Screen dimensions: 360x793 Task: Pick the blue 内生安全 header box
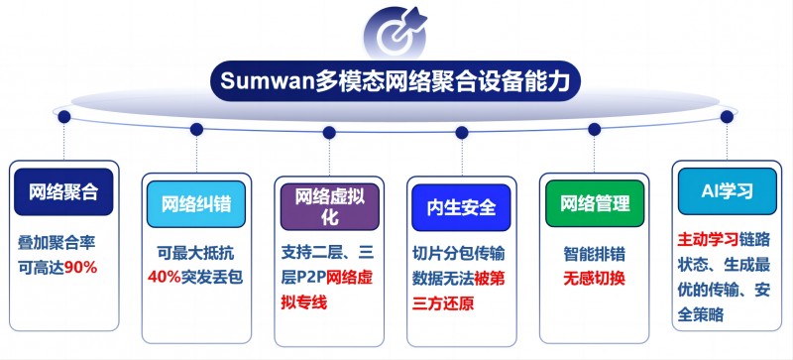(461, 208)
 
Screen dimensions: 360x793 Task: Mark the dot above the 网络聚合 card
(64, 116)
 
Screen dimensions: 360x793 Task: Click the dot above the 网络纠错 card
(196, 128)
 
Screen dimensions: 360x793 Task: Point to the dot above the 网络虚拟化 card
(329, 132)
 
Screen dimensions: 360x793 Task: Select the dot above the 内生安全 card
(461, 132)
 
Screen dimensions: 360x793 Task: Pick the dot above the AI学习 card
(727, 116)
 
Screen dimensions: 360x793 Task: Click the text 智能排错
(593, 252)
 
